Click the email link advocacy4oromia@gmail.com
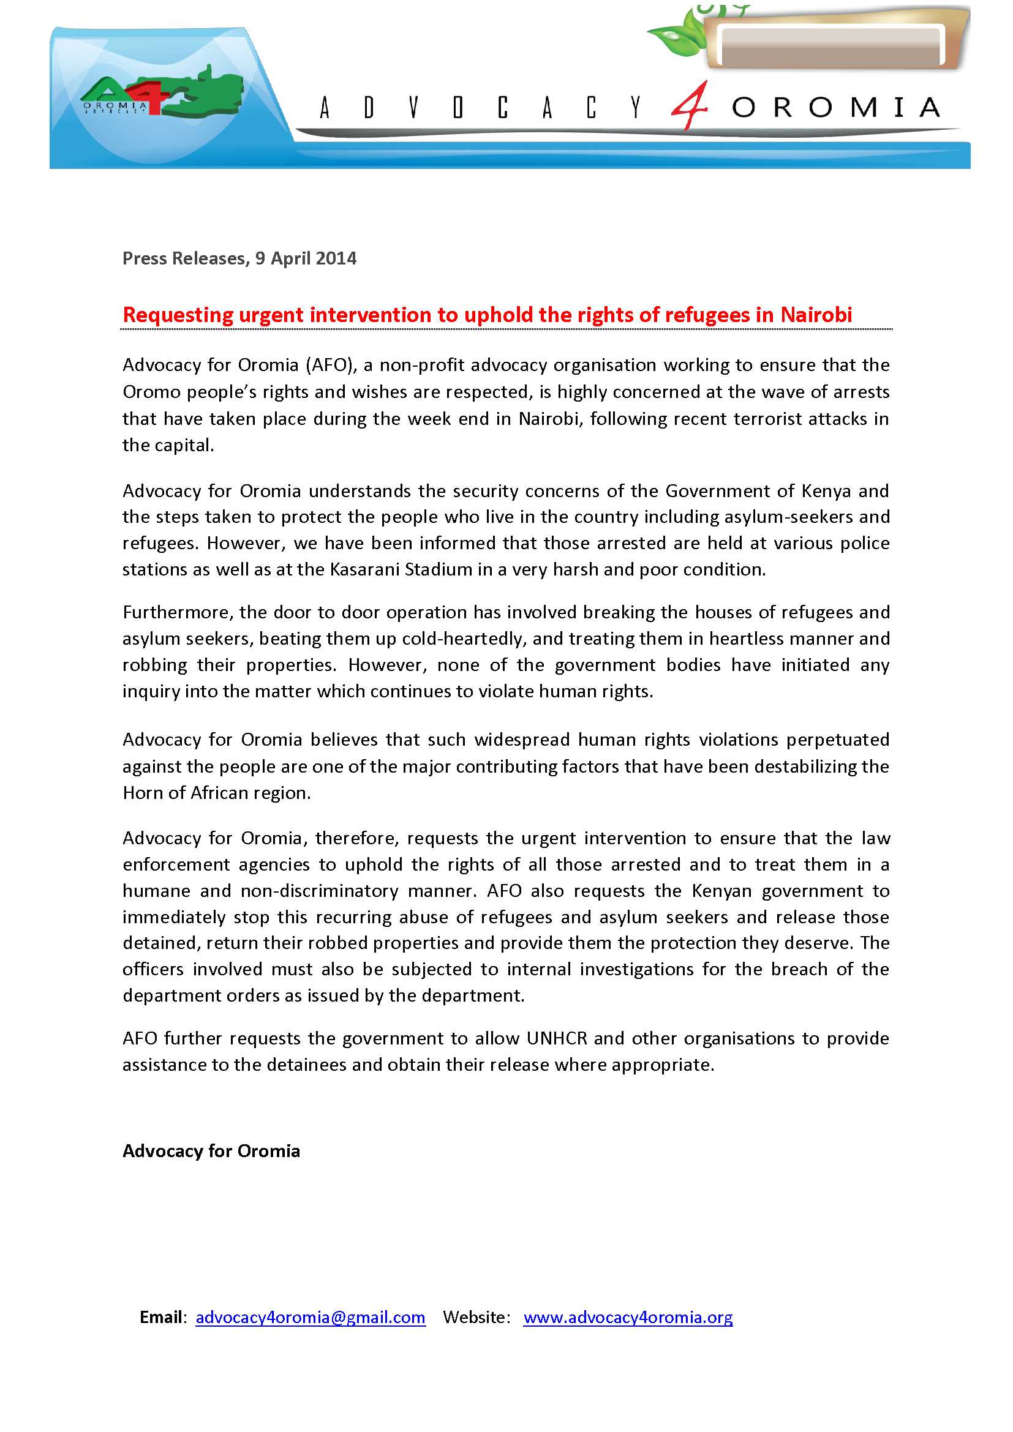(310, 1318)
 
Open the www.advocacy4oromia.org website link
(628, 1318)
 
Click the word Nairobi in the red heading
(816, 315)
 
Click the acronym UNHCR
(557, 1038)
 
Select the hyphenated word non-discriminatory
(319, 891)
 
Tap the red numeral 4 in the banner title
(690, 106)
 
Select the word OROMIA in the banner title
(836, 108)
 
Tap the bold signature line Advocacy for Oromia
(211, 1151)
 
